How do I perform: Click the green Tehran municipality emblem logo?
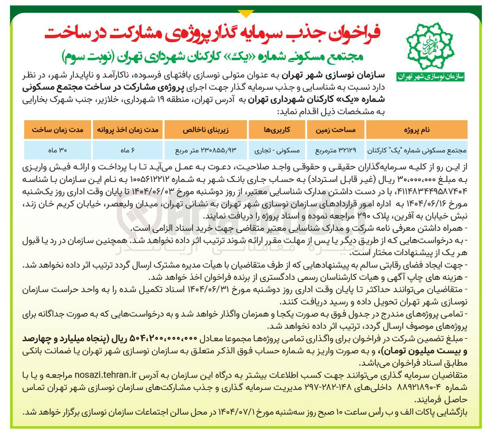(x=430, y=45)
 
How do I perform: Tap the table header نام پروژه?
(x=417, y=130)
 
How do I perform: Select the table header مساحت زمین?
(x=336, y=130)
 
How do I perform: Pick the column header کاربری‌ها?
(x=277, y=130)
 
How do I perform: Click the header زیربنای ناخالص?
(x=206, y=130)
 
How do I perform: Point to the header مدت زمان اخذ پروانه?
(x=128, y=130)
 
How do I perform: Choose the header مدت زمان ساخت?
(x=58, y=130)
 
